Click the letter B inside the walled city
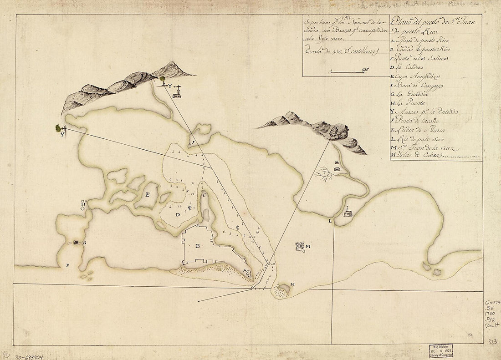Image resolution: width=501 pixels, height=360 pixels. click(x=198, y=247)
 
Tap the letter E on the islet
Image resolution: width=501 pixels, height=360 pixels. click(x=148, y=195)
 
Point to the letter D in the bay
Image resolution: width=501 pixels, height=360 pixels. click(x=178, y=214)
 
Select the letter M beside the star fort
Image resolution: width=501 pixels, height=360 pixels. click(x=308, y=247)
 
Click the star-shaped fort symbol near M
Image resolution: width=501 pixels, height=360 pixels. click(x=299, y=247)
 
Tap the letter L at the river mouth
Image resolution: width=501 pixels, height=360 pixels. click(x=330, y=221)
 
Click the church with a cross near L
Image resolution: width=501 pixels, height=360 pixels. click(x=348, y=213)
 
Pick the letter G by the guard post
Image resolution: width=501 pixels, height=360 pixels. click(x=85, y=243)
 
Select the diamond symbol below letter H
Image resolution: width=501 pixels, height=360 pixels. click(x=82, y=208)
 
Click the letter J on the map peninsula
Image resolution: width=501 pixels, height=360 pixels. click(x=193, y=143)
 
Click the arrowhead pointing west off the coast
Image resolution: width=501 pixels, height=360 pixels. click(x=199, y=301)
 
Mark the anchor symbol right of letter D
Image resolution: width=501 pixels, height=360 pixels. click(x=189, y=208)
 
